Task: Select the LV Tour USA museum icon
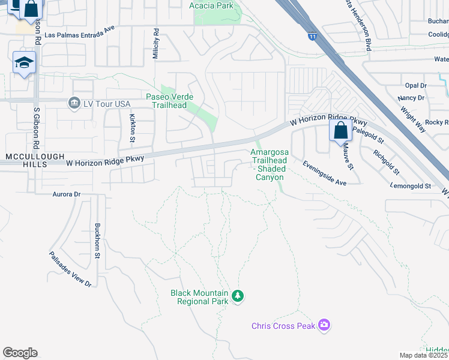click(x=74, y=103)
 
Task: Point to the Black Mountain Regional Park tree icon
click(x=238, y=295)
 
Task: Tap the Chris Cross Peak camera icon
click(x=325, y=325)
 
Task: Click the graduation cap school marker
click(x=24, y=63)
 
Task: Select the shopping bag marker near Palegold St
click(x=340, y=130)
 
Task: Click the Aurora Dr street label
click(x=66, y=194)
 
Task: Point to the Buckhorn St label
click(x=97, y=241)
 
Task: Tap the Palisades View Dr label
click(x=70, y=268)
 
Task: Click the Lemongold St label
click(x=411, y=186)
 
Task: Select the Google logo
click(x=20, y=353)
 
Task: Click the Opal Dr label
click(x=415, y=86)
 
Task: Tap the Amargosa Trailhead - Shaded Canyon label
click(x=269, y=165)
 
